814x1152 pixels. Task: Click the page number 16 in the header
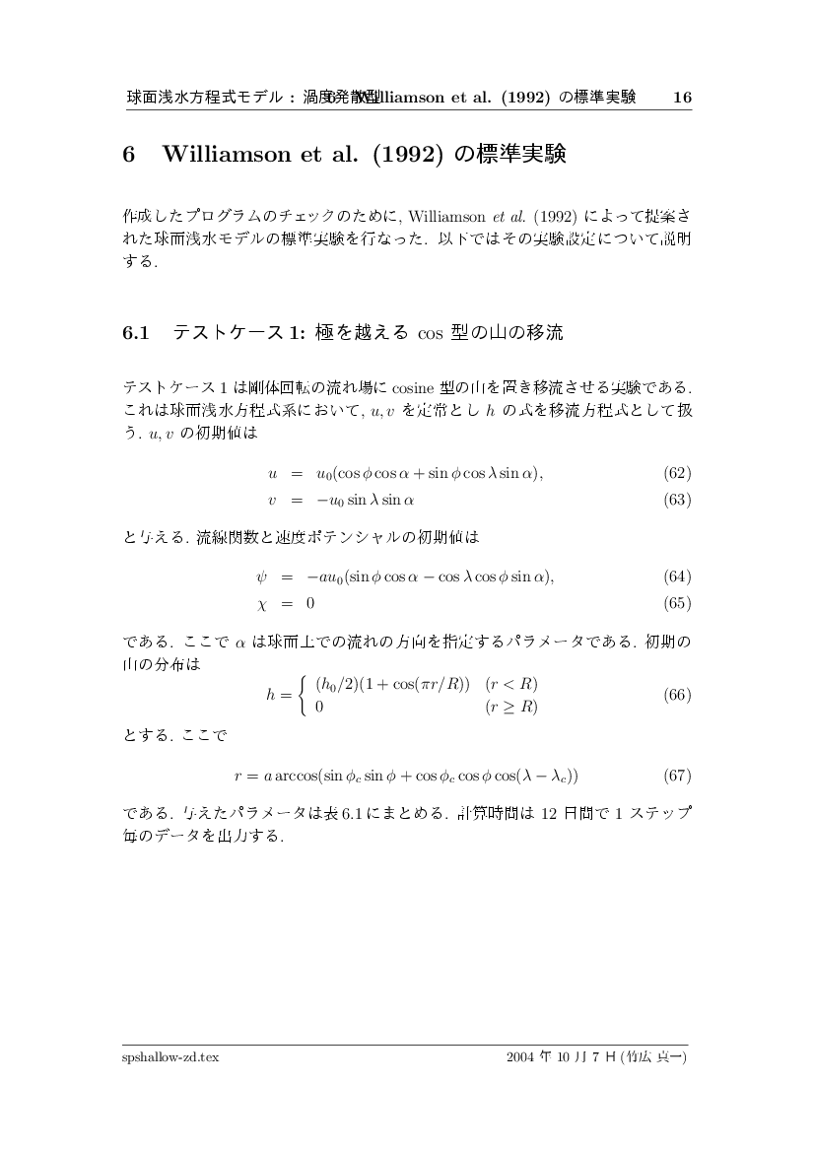[x=682, y=98]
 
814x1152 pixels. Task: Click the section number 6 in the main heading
[x=128, y=156]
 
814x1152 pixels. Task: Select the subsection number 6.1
[x=135, y=333]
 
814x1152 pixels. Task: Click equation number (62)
[x=677, y=473]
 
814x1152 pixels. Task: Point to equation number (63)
[x=677, y=500]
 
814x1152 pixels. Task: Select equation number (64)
[x=677, y=576]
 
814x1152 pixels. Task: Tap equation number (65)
[x=677, y=602]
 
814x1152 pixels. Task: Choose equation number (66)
[x=677, y=695]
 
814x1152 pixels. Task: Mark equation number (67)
[x=677, y=776]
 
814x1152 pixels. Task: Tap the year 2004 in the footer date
[x=519, y=1056]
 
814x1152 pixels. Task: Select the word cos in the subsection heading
[x=430, y=334]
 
